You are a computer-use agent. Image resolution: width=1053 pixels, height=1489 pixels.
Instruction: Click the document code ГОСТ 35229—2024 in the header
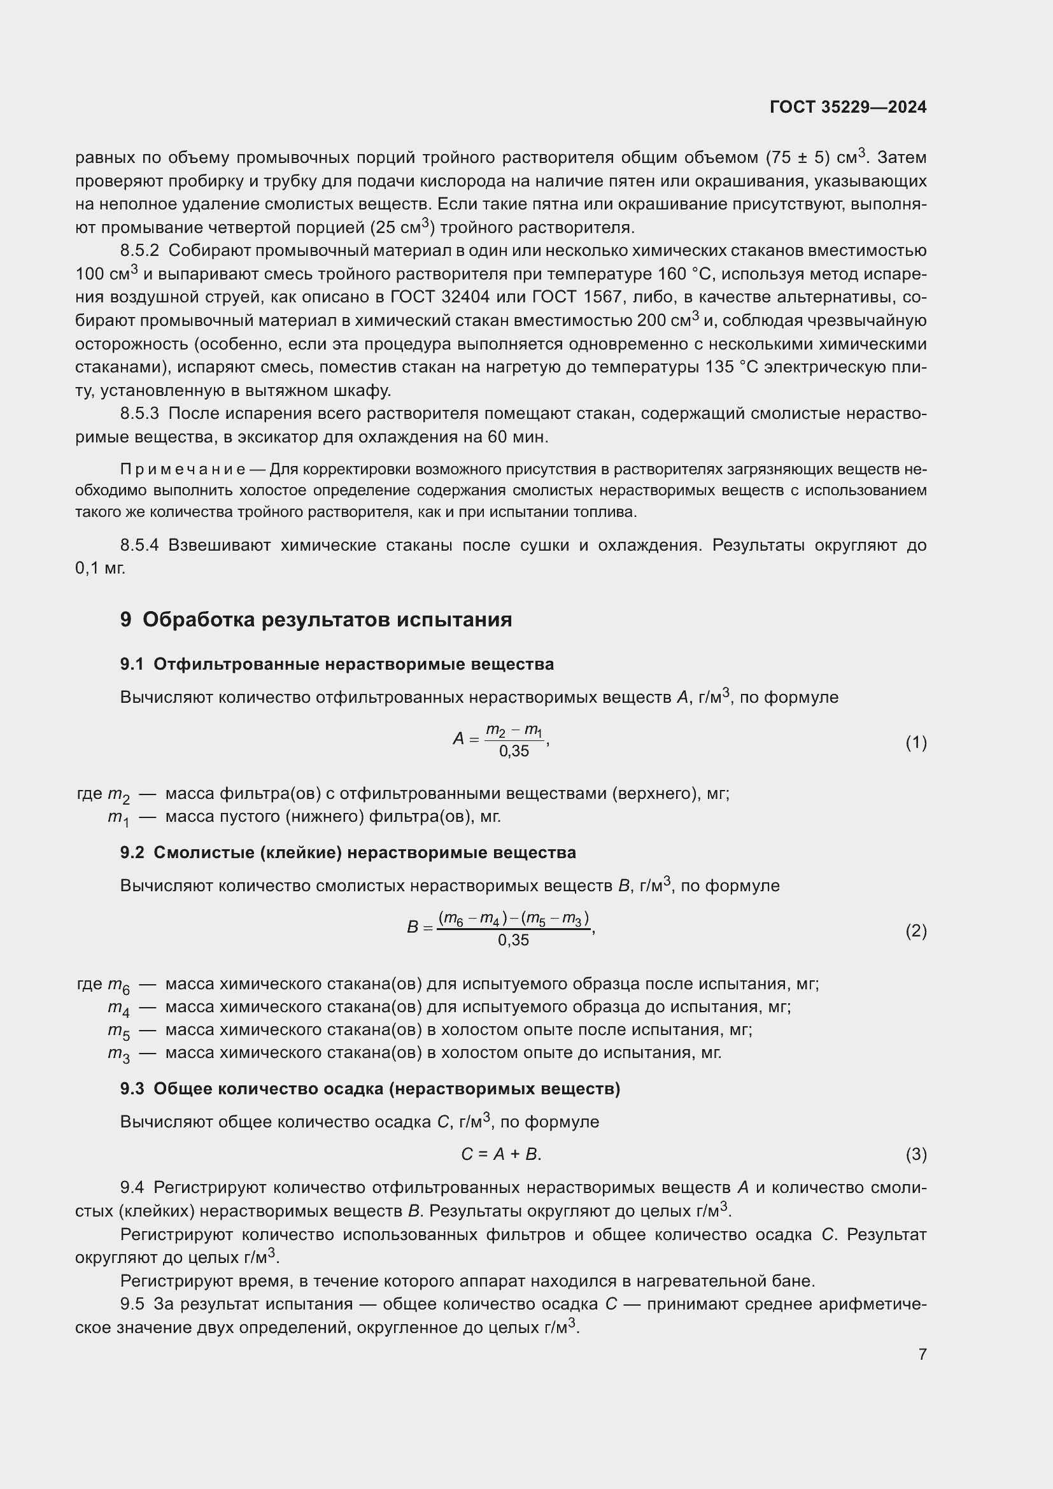[847, 108]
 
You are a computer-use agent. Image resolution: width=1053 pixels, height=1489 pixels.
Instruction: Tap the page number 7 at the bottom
[922, 1354]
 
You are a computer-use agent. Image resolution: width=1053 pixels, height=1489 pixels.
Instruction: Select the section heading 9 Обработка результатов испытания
[316, 620]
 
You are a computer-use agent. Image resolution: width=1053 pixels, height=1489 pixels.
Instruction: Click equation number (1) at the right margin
[915, 742]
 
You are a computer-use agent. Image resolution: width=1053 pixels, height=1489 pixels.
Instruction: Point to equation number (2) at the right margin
[915, 931]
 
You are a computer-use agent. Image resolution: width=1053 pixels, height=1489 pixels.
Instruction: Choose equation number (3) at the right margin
[915, 1154]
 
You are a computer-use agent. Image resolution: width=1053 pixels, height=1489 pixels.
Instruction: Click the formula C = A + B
[500, 1154]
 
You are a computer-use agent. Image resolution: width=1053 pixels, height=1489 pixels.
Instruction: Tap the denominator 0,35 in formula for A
[514, 752]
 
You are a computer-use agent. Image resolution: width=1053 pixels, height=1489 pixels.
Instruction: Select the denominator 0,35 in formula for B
[513, 940]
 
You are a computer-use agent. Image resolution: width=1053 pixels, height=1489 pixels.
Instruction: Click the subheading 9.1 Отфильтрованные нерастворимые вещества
[337, 665]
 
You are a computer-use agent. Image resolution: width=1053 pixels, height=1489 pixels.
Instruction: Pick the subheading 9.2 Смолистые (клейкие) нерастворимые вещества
[348, 853]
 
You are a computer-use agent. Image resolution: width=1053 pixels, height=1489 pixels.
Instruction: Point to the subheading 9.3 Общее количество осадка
[370, 1089]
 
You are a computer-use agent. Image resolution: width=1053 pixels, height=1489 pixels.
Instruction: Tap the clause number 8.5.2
[139, 251]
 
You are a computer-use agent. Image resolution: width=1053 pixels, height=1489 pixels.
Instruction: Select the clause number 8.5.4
[139, 546]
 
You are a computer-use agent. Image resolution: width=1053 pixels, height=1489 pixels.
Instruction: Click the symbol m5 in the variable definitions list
[118, 1031]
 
